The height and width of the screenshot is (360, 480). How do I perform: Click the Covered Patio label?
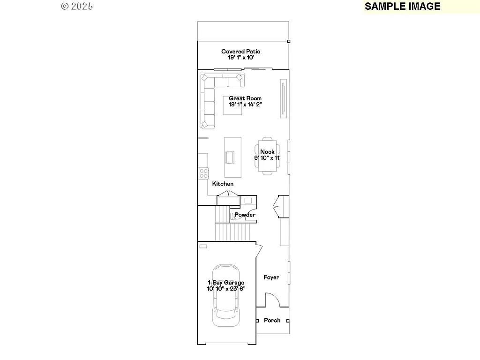pyautogui.click(x=241, y=52)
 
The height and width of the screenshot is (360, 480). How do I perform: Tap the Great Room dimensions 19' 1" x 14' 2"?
pyautogui.click(x=245, y=105)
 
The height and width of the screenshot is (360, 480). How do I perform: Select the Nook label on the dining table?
pyautogui.click(x=268, y=152)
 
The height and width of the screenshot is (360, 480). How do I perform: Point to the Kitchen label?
pyautogui.click(x=223, y=184)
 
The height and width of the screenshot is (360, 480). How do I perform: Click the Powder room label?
pyautogui.click(x=245, y=215)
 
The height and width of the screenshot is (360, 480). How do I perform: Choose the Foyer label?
pyautogui.click(x=271, y=277)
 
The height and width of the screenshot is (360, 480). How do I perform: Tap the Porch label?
pyautogui.click(x=272, y=320)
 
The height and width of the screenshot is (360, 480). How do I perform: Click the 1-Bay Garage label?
pyautogui.click(x=226, y=283)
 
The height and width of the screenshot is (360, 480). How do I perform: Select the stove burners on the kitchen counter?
pyautogui.click(x=203, y=173)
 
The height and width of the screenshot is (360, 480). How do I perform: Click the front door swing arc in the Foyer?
pyautogui.click(x=272, y=300)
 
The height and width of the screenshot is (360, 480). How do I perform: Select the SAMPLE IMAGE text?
pyautogui.click(x=402, y=6)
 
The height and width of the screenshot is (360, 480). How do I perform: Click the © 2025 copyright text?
pyautogui.click(x=77, y=6)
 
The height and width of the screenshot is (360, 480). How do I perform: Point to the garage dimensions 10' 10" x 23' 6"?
pyautogui.click(x=226, y=289)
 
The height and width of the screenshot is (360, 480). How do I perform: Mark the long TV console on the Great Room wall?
pyautogui.click(x=283, y=98)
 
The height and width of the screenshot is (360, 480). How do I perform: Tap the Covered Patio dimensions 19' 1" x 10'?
pyautogui.click(x=241, y=57)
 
